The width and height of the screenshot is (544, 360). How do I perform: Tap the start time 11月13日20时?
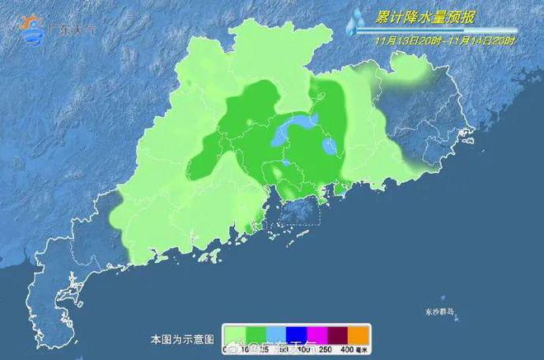coord(408,40)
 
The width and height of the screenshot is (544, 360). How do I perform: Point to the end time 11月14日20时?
coord(481,40)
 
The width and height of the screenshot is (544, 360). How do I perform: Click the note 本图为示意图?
coord(182,339)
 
